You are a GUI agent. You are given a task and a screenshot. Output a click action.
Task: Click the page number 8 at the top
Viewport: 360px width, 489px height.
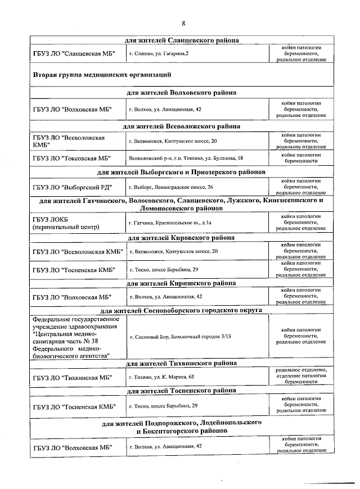click(x=183, y=23)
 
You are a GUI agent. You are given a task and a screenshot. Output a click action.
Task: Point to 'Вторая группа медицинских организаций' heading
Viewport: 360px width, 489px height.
click(x=102, y=74)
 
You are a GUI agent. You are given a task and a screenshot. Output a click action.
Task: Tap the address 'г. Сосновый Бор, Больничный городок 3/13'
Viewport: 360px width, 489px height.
click(x=180, y=337)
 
